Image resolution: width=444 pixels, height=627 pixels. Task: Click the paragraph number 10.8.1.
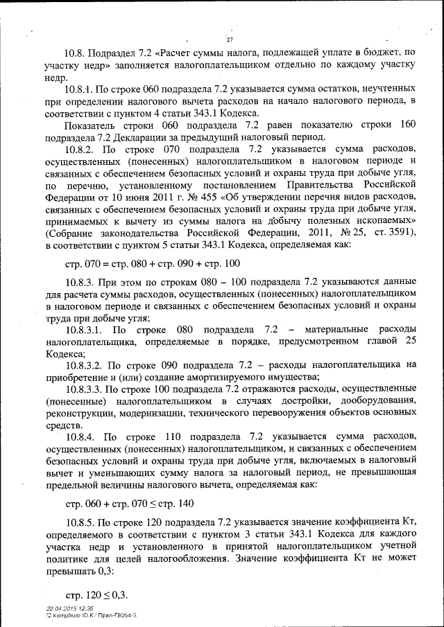tap(80, 90)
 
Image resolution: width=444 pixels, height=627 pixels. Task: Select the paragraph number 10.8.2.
tap(80, 149)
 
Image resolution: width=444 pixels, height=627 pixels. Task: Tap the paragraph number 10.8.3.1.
tap(84, 329)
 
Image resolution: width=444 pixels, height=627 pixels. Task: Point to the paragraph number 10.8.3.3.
tap(84, 390)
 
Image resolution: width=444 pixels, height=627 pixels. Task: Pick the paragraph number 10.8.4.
tap(80, 436)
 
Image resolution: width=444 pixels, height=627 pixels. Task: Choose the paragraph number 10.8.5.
tap(80, 520)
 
